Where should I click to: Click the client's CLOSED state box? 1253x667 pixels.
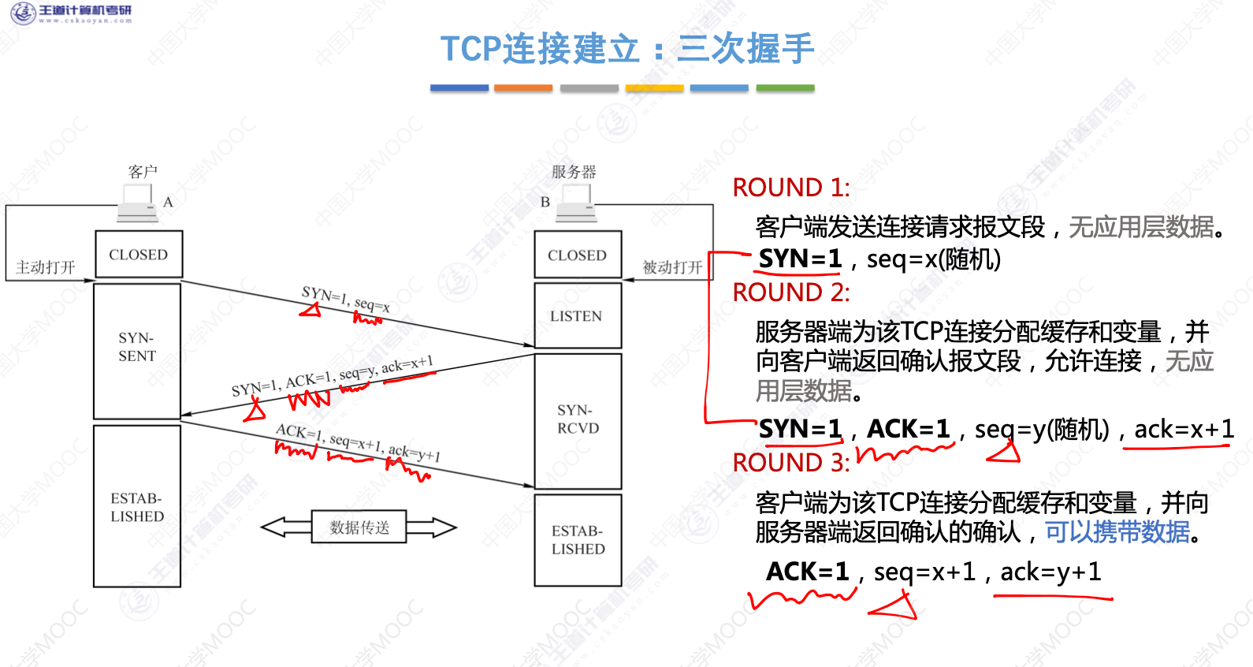139,254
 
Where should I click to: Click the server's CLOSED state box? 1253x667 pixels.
578,255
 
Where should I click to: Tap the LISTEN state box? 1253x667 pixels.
578,316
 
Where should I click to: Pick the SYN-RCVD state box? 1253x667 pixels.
578,420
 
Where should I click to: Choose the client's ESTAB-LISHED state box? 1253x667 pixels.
137,507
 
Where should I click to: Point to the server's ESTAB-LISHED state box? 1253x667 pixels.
578,540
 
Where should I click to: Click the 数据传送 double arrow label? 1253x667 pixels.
359,527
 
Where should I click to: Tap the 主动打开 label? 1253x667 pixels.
46,267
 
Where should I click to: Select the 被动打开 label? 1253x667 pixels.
672,267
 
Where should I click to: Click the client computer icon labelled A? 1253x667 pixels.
137,204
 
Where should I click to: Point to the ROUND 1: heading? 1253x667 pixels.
791,188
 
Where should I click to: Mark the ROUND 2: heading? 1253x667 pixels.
791,293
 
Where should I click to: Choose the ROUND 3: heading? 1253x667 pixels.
791,463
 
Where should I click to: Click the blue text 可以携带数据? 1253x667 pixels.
1117,532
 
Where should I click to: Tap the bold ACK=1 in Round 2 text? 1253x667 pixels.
908,429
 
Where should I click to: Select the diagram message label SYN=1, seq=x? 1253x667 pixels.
345,300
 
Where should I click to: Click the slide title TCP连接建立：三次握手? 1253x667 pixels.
626,49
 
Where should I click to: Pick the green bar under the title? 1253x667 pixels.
785,88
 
